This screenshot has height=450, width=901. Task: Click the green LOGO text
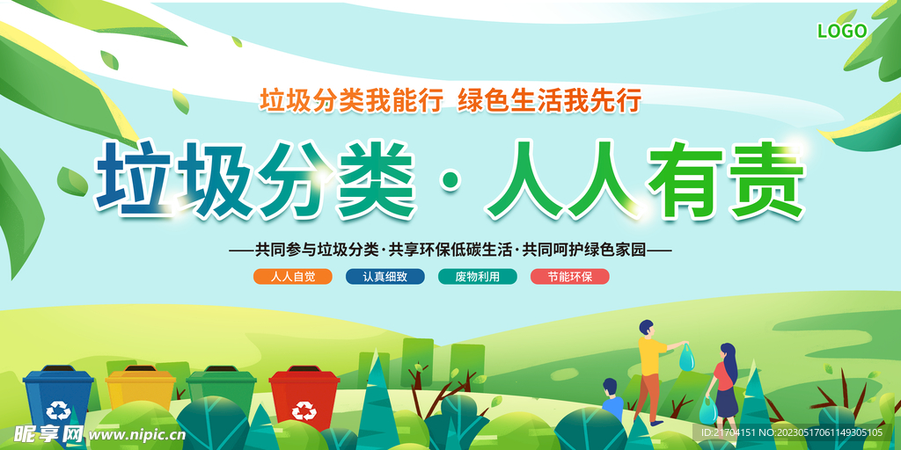pyautogui.click(x=842, y=31)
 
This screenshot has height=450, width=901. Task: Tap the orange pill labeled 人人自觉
pyautogui.click(x=293, y=276)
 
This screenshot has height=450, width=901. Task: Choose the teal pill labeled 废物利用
pyautogui.click(x=477, y=276)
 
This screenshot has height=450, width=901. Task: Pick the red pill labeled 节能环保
pyautogui.click(x=569, y=276)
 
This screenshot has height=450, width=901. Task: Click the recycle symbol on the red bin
pyautogui.click(x=304, y=409)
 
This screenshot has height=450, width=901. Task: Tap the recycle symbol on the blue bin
pyautogui.click(x=60, y=410)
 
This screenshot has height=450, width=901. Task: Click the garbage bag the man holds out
pyautogui.click(x=686, y=358)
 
